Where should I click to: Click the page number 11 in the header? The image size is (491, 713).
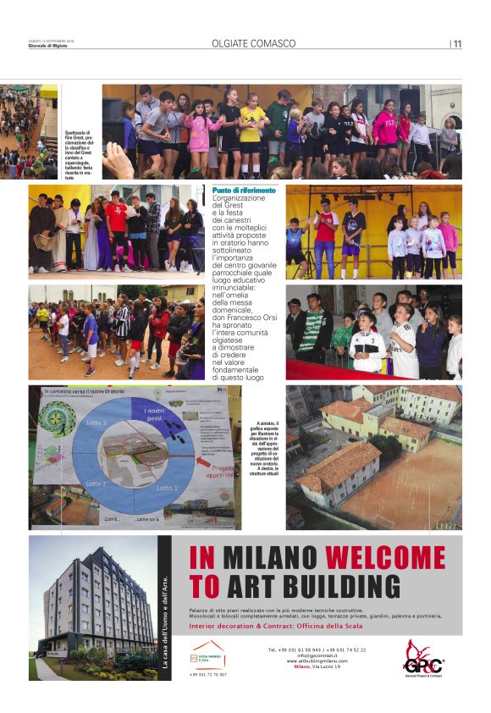(x=457, y=44)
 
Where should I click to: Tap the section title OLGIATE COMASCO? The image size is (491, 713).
(x=254, y=43)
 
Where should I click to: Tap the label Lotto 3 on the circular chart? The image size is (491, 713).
(x=97, y=422)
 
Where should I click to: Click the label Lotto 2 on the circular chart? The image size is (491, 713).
(x=96, y=483)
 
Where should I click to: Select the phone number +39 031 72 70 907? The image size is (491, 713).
(x=207, y=674)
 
